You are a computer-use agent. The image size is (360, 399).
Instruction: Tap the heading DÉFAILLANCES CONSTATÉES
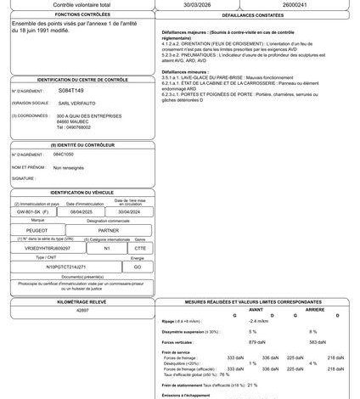pyautogui.click(x=256, y=15)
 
